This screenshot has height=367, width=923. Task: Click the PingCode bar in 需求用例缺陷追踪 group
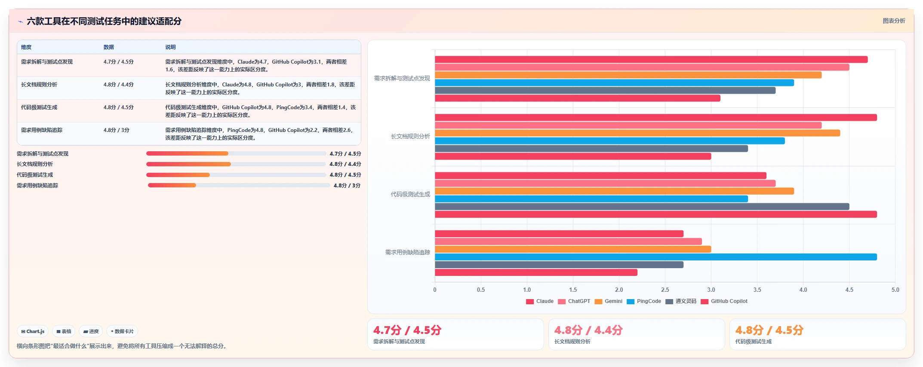(x=655, y=257)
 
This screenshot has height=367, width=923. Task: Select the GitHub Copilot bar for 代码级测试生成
(x=655, y=214)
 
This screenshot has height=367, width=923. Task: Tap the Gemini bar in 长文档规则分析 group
(x=637, y=133)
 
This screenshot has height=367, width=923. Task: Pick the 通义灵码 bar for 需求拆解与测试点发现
(x=605, y=91)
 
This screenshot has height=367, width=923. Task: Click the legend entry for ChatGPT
(x=574, y=301)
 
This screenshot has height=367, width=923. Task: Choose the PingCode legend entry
(x=644, y=301)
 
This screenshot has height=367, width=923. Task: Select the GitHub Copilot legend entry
(x=724, y=301)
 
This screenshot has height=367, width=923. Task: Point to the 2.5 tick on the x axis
(x=665, y=290)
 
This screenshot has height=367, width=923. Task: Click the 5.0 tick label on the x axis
(x=895, y=290)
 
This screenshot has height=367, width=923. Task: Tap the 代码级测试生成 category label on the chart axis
(x=410, y=194)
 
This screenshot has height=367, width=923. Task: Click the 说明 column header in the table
(x=170, y=47)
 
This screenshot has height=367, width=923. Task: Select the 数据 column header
(x=108, y=47)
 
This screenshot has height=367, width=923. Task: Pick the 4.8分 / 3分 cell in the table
(x=116, y=130)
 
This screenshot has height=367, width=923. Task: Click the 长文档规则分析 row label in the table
(x=39, y=85)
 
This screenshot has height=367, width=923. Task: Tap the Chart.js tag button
(x=33, y=331)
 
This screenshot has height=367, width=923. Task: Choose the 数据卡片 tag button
(x=122, y=331)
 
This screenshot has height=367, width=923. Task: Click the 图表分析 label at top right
(x=894, y=21)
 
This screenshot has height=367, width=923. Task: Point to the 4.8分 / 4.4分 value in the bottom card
(x=588, y=330)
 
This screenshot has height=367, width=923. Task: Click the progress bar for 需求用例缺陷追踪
(x=239, y=185)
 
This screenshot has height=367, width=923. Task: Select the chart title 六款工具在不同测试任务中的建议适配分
(x=104, y=21)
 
